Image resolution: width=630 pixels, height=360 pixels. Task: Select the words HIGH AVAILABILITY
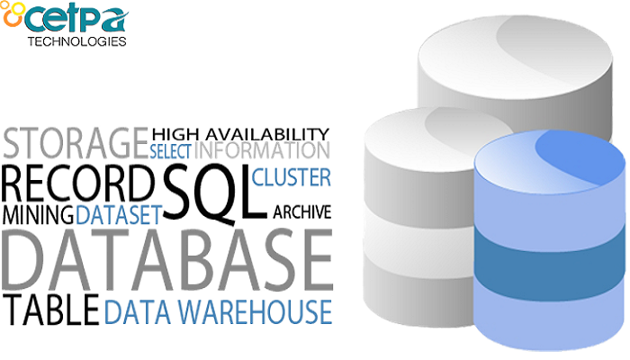click(240, 133)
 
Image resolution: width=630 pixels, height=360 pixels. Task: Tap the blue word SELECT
click(171, 151)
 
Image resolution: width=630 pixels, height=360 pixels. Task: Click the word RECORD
click(74, 184)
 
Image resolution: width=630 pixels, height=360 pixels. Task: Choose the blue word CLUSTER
click(292, 176)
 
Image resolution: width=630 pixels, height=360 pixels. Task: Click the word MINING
click(38, 214)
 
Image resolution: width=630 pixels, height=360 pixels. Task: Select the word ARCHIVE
click(301, 212)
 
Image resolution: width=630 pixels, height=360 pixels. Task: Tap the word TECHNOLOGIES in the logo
click(76, 40)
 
